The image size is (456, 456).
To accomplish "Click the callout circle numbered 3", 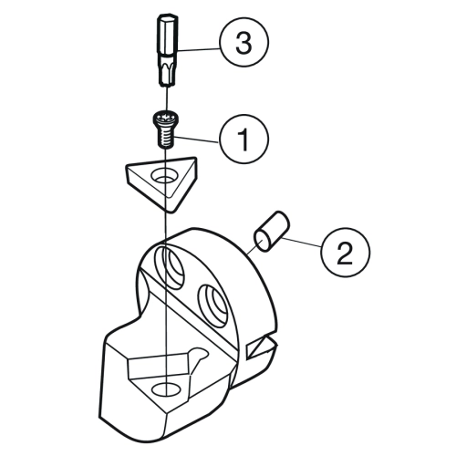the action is pos(244,42).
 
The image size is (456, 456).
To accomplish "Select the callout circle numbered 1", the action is pos(244,139).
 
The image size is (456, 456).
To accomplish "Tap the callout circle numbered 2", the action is pos(345,252).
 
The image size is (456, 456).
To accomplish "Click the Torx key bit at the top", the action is pos(167,50).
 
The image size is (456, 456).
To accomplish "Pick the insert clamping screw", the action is pos(164,130).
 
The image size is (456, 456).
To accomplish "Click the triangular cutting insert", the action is pos(161,183).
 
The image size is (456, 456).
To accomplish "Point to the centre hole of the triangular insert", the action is pos(164,177).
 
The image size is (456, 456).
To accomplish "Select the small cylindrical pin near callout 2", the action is pos(272,232).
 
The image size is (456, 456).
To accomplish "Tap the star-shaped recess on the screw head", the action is pos(164,116).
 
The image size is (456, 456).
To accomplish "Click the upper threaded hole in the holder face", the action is pos(171,266).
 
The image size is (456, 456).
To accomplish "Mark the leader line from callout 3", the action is pos(199,49).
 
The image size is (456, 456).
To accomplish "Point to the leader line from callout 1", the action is pos(195,140).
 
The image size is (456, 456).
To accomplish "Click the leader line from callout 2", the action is pos(301,243).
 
